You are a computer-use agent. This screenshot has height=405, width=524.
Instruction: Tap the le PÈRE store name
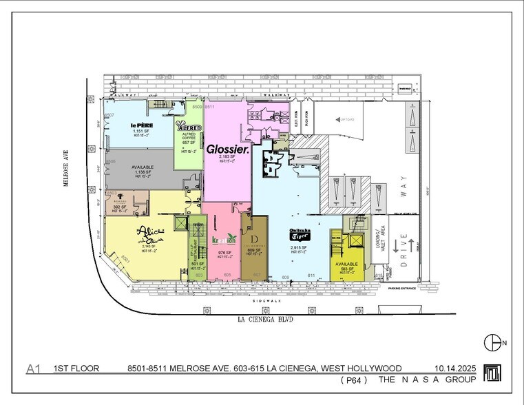tap(142, 125)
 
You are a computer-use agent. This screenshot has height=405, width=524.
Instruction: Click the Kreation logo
tap(223, 240)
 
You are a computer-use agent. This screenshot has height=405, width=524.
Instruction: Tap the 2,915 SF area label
tap(298, 247)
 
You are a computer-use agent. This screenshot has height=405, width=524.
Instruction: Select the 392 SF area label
tap(121, 206)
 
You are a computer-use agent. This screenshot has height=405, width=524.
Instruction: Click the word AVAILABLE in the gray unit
tap(143, 167)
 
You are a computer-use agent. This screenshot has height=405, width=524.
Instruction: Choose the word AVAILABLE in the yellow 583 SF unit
tap(347, 264)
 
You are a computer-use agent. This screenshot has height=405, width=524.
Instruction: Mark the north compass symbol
tap(492, 342)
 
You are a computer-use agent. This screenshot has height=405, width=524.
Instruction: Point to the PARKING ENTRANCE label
tap(402, 289)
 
